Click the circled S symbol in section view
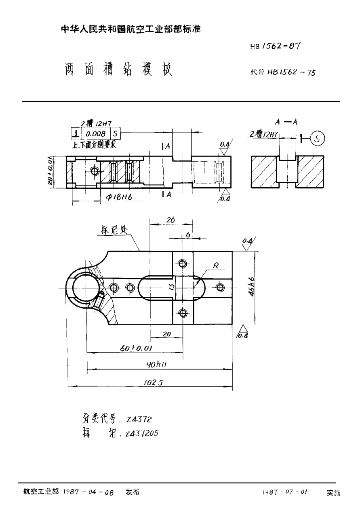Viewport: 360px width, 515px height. coord(318,138)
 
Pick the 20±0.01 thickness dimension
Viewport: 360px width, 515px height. coord(51,171)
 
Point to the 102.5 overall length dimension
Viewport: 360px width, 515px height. coord(153,382)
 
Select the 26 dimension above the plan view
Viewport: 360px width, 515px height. coord(170,220)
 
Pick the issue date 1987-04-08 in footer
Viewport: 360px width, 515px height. coord(88,493)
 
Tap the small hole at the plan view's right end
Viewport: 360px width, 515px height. coord(220,287)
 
